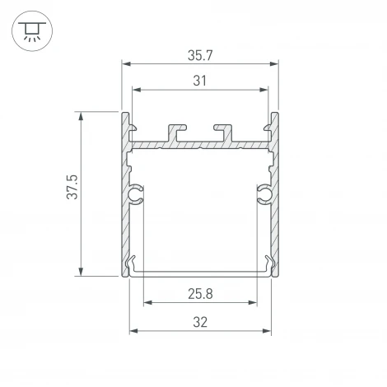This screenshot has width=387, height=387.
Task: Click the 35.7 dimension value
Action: [198, 56]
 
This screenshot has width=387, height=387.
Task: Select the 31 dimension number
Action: [198, 80]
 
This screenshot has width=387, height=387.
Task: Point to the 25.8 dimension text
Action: [198, 294]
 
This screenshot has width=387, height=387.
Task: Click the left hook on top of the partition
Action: [175, 131]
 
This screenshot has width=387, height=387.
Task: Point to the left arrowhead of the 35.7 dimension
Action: [126, 63]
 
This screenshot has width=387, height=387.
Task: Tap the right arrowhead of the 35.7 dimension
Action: [273, 63]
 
